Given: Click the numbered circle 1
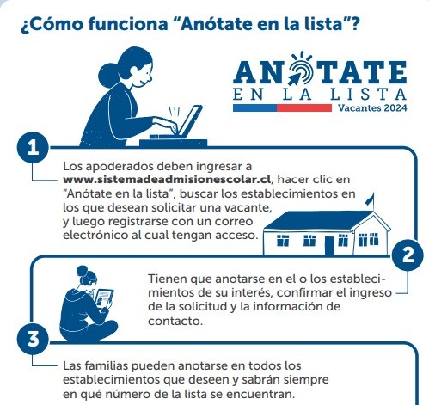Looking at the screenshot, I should coord(33,148).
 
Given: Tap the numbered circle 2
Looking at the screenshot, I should coord(408,255).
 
